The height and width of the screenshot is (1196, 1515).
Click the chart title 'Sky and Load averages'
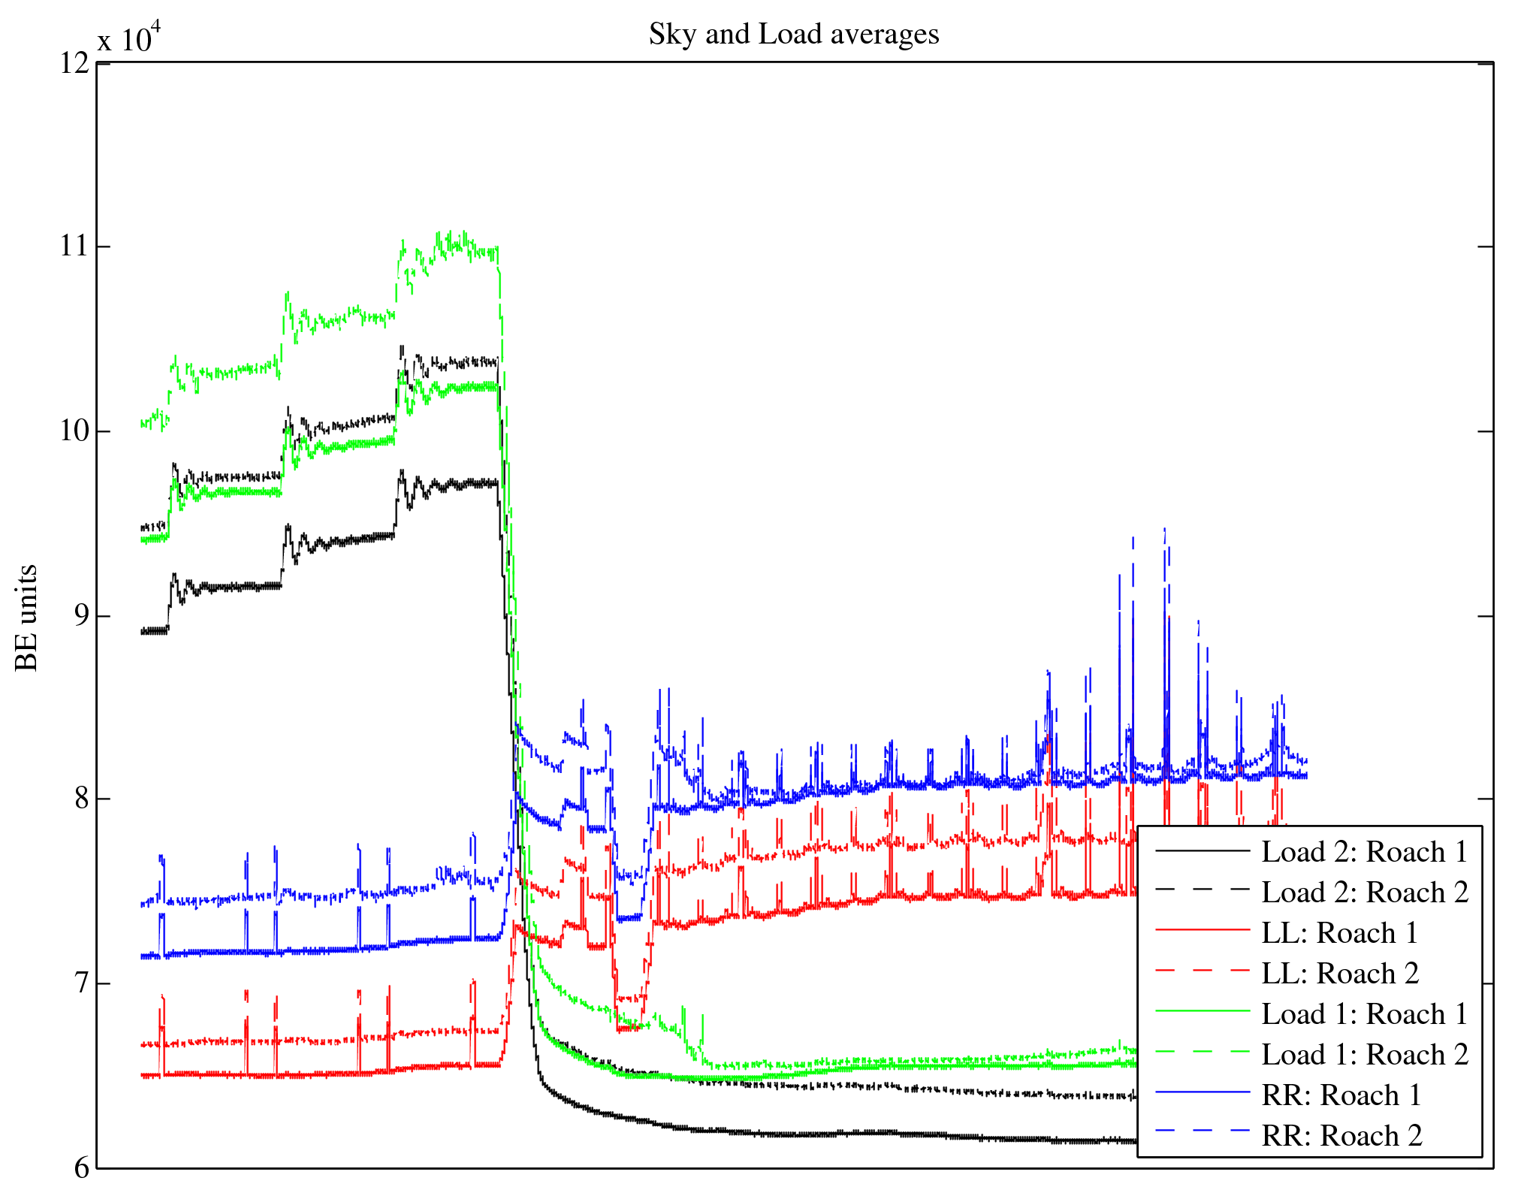tap(794, 35)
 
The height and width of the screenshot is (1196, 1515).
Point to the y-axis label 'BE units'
tap(27, 618)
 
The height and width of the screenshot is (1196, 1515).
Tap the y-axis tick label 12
tap(74, 63)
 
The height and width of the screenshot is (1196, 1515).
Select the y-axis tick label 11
tap(74, 246)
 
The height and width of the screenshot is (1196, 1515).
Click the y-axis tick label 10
tap(74, 431)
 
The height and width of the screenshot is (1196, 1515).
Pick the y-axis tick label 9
tap(80, 616)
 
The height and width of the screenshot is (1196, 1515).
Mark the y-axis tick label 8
tap(80, 799)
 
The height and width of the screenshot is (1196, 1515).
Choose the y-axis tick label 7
tap(80, 983)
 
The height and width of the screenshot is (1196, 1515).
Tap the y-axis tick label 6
tap(80, 1167)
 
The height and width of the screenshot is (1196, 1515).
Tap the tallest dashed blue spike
tap(1164, 529)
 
